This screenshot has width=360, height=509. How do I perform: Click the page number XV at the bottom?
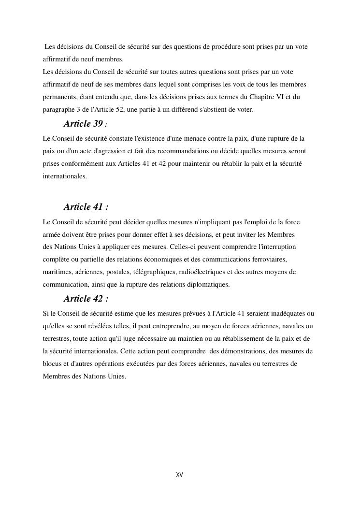(x=179, y=475)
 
